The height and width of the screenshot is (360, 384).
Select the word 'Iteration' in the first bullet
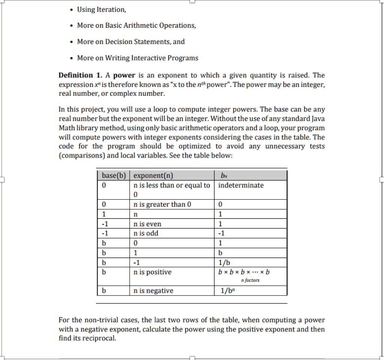tap(111, 9)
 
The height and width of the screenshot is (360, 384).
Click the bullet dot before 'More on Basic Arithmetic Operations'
tap(71, 26)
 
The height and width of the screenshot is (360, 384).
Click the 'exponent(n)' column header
tap(153, 175)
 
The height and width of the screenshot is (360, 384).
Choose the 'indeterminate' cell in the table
tap(241, 185)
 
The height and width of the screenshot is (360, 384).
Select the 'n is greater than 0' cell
tap(162, 205)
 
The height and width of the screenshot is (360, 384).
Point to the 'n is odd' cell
tap(146, 233)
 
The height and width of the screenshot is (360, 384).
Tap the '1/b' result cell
tap(225, 262)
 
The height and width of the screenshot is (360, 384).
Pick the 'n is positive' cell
tap(153, 272)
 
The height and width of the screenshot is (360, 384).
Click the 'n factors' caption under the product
tap(250, 280)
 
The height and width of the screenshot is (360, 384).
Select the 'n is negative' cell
tap(153, 291)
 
